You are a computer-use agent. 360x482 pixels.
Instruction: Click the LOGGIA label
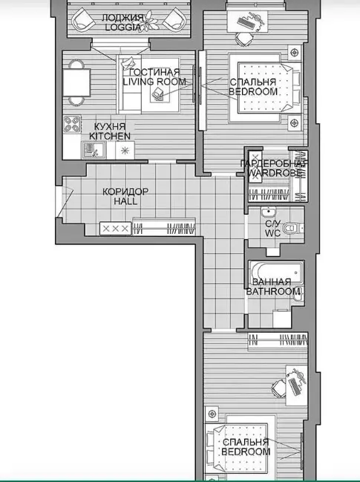click(x=123, y=27)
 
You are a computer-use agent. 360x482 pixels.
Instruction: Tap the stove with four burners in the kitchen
click(x=72, y=124)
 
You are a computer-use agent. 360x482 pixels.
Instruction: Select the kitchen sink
click(x=94, y=150)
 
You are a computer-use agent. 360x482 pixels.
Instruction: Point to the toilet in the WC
click(x=292, y=228)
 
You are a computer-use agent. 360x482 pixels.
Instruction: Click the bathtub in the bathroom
click(x=277, y=273)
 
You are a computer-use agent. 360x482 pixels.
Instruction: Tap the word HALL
click(x=125, y=201)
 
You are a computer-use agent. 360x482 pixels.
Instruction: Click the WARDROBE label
click(x=275, y=173)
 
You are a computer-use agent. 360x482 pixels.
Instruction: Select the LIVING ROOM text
click(x=154, y=82)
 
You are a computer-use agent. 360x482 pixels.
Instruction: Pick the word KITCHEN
click(x=110, y=136)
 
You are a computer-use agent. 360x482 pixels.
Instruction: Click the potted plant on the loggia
click(x=149, y=22)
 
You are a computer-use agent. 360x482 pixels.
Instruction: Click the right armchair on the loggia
click(x=174, y=19)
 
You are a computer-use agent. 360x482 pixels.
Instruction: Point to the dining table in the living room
click(x=76, y=82)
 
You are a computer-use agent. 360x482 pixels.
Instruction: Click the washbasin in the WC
click(x=269, y=212)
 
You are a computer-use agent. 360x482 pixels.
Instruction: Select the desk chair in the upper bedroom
click(x=244, y=39)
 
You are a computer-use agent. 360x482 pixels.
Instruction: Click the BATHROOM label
click(x=273, y=291)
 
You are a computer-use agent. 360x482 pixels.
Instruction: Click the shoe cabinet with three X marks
click(x=116, y=229)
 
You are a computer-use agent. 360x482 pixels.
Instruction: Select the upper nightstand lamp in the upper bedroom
click(x=294, y=52)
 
